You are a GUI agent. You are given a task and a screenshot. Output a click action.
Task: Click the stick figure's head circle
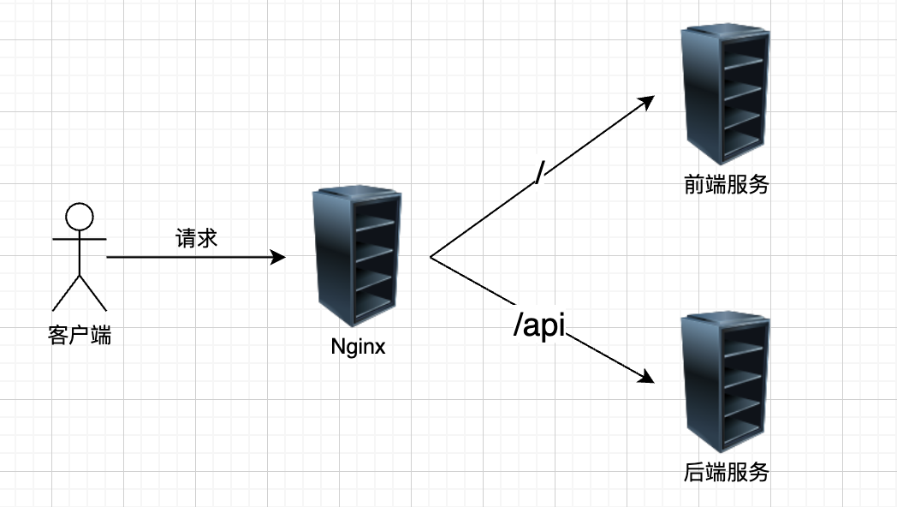pos(79,216)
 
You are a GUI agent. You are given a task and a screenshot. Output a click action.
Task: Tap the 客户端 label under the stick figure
pos(79,336)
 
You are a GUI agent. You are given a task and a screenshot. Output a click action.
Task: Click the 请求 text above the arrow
pos(197,237)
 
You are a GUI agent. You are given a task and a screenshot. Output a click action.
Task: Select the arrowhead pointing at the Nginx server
pos(278,257)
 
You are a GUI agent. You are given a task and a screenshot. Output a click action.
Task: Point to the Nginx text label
pos(358,348)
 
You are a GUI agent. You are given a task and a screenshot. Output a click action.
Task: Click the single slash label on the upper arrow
pos(538,171)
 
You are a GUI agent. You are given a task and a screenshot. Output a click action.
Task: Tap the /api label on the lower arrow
pos(540,325)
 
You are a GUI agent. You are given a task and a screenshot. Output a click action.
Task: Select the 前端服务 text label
pos(726,185)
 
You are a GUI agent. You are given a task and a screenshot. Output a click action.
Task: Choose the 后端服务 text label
pos(726,472)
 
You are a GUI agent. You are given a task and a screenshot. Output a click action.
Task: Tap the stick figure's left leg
pos(65,293)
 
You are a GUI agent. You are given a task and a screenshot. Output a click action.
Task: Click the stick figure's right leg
pos(93,293)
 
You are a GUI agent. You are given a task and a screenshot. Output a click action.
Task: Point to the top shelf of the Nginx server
pos(375,224)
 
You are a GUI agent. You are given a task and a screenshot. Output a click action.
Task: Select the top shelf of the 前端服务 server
pos(741,62)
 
